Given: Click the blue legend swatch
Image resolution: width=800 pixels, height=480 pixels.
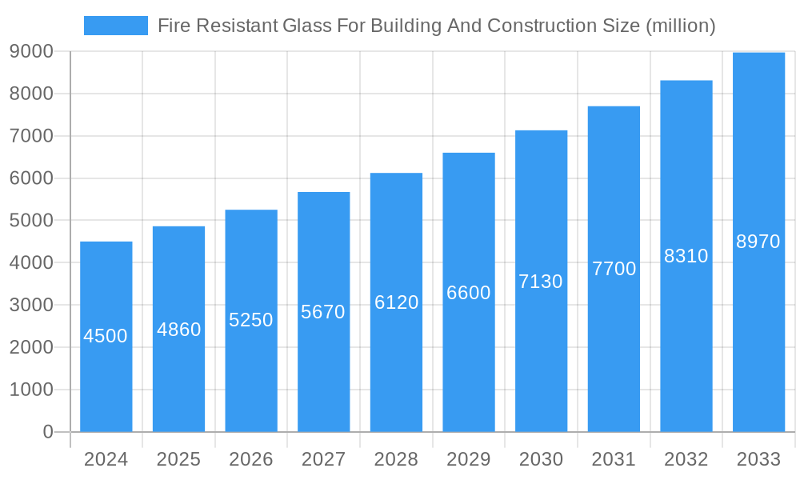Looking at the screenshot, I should coord(116,26).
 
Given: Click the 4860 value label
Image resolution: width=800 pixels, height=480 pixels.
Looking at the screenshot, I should coord(178,330).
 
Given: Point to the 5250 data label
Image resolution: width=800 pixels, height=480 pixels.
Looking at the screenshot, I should coord(251,320).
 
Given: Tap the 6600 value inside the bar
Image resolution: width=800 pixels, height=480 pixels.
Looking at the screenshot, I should coord(469,293).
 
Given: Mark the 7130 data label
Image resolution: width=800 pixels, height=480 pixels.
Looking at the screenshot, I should coord(541,282).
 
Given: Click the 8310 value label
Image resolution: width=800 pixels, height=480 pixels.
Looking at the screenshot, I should coord(686,256).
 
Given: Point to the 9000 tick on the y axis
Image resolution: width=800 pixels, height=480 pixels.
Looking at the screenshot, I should coord(31,51).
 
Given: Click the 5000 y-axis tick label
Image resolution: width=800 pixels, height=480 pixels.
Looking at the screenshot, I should coord(31,221).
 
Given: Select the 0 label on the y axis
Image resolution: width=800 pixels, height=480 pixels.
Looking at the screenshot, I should coord(47,432).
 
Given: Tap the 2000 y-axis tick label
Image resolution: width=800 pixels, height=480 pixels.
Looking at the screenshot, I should coord(31,347).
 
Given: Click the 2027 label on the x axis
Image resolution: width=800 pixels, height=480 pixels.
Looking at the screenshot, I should coord(323,459).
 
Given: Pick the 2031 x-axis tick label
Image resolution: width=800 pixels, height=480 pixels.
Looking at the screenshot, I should coord(614,459).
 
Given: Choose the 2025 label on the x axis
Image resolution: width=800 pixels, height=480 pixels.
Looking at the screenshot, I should coord(178,459).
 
